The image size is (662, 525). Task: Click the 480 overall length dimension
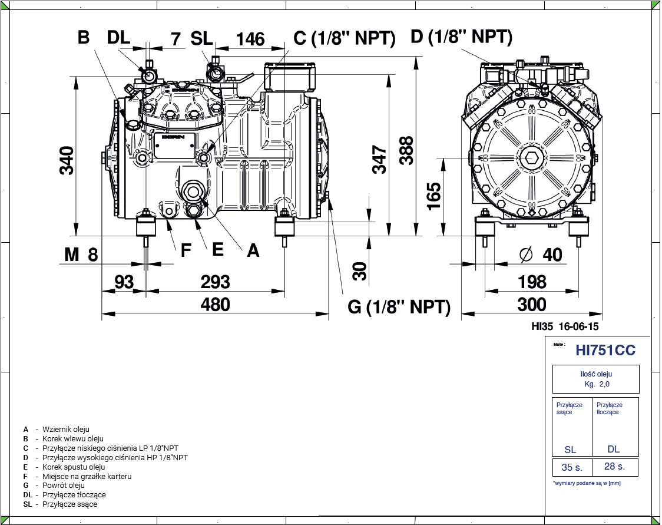tap(215, 304)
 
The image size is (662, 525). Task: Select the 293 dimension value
tap(215, 281)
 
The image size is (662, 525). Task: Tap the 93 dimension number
tap(124, 281)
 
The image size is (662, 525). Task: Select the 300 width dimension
tap(532, 304)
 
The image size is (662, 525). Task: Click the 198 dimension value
tap(532, 281)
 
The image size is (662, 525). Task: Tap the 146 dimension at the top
tap(250, 39)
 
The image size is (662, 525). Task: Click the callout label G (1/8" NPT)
tap(399, 307)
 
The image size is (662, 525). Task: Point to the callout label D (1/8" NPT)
tap(461, 37)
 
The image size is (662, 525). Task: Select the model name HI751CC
tap(605, 350)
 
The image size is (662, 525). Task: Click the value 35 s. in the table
tap(571, 467)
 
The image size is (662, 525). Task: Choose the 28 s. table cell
tap(614, 467)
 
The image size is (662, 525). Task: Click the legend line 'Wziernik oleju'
tap(66, 430)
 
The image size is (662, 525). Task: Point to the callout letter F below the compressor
tap(186, 251)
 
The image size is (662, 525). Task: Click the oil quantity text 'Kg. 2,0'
tap(596, 384)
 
